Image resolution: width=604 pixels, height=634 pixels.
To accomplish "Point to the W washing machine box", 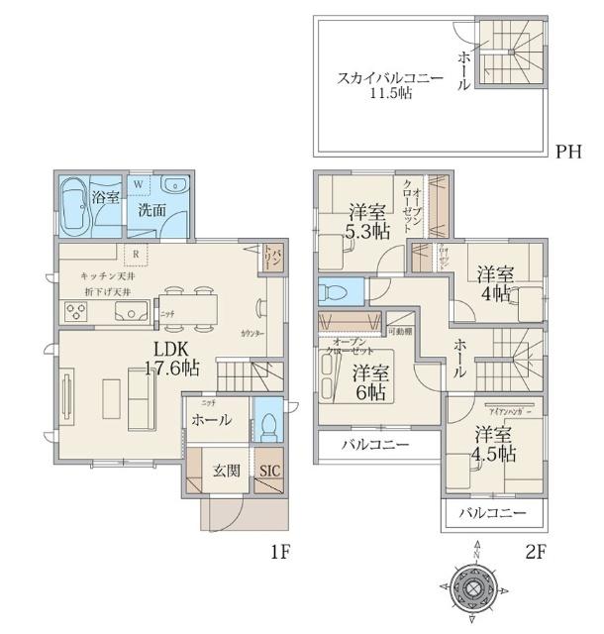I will pos(138,185).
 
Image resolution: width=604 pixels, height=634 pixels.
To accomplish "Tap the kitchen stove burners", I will pos(76,312).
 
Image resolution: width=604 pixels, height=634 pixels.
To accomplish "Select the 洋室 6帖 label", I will pos(369,381).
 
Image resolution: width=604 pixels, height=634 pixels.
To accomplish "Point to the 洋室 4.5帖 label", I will pos(492,444).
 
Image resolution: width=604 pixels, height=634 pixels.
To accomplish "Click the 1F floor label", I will pos(279,552).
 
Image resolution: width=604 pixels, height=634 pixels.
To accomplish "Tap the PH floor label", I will pos(568,152).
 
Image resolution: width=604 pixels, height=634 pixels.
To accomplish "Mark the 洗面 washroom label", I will pos(151,210).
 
